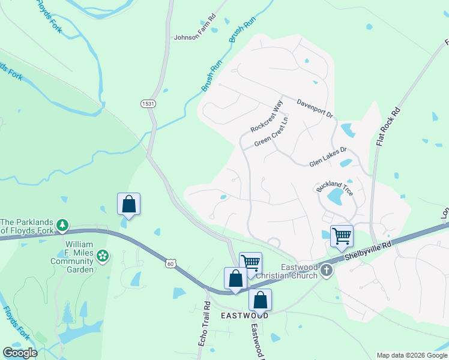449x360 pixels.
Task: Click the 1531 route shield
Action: [148, 104]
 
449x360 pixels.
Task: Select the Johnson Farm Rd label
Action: [194, 37]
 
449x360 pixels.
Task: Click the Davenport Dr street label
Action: [315, 108]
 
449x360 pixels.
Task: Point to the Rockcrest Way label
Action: [267, 116]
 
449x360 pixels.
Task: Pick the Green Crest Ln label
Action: [271, 136]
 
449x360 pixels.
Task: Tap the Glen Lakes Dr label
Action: [328, 158]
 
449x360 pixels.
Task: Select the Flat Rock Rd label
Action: [388, 127]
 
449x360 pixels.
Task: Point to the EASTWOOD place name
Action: [244, 315]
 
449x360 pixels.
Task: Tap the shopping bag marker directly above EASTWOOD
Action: [261, 299]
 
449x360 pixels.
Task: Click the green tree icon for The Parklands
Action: [62, 226]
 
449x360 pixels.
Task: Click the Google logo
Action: [20, 353]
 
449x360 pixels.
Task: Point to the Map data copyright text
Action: [412, 355]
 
